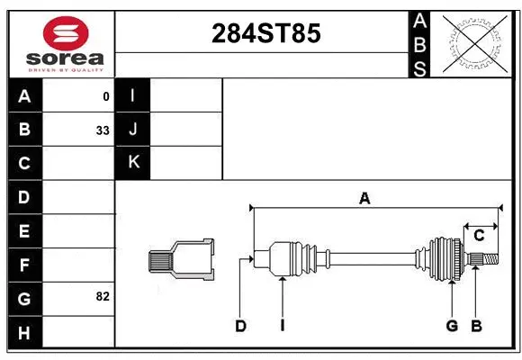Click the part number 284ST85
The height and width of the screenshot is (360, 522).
tap(265, 33)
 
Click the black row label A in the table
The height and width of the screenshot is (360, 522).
tap(24, 95)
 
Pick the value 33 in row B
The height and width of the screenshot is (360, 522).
tap(103, 130)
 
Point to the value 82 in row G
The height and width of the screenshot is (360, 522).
tap(103, 296)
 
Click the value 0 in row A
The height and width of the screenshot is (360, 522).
tap(106, 96)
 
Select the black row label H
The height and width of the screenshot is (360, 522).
tap(24, 332)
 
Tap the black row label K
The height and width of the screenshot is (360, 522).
tap(133, 162)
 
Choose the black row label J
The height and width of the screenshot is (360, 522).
tap(133, 130)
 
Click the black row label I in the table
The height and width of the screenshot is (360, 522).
tap(133, 95)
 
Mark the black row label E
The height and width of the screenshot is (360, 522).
tap(24, 231)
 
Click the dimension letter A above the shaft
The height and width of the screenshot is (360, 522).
tap(364, 199)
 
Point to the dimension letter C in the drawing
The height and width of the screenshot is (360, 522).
tap(480, 236)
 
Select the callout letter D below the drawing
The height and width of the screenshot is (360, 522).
tap(241, 326)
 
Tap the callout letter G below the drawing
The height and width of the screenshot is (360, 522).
tap(453, 326)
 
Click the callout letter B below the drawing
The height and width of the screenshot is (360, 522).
tap(477, 326)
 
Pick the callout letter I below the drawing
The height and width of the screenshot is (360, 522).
tap(282, 326)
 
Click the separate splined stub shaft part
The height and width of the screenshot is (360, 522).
tap(182, 260)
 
